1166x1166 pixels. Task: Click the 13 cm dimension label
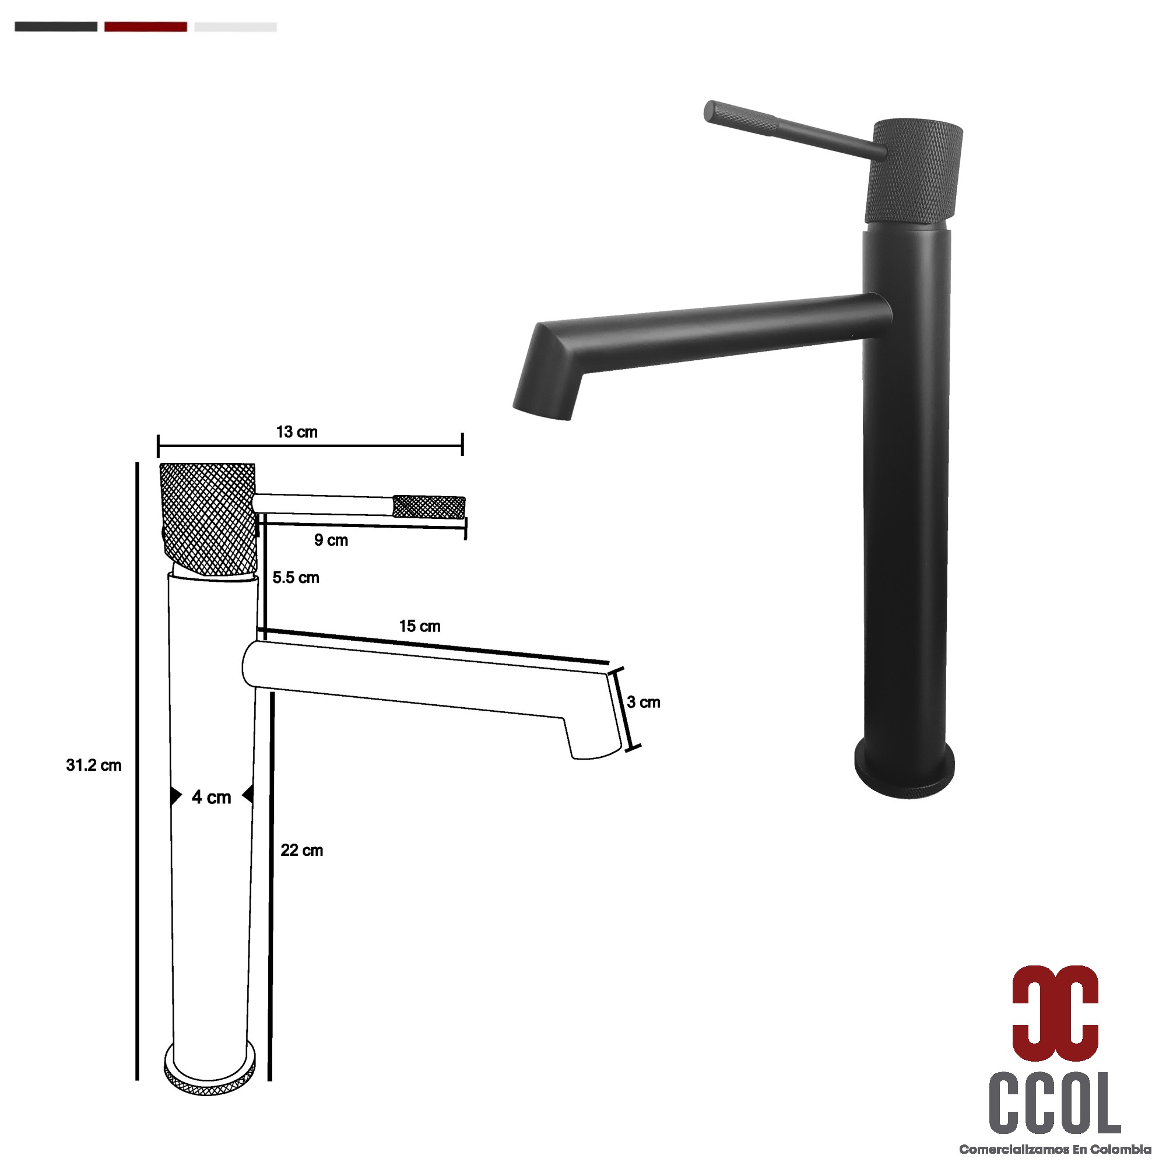296,432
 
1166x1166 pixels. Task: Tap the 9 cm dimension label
331,540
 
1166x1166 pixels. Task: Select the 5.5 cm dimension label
295,578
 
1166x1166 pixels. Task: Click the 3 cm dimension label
644,702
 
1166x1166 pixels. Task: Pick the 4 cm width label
211,797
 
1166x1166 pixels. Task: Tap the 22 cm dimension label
302,851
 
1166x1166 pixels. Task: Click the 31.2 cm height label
93,765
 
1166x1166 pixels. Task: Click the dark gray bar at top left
55,27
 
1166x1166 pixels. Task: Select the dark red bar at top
145,27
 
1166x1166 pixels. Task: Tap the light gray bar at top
236,27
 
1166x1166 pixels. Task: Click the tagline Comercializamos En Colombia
1055,1150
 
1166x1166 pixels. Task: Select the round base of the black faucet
905,774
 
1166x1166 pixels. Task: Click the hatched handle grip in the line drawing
429,507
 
